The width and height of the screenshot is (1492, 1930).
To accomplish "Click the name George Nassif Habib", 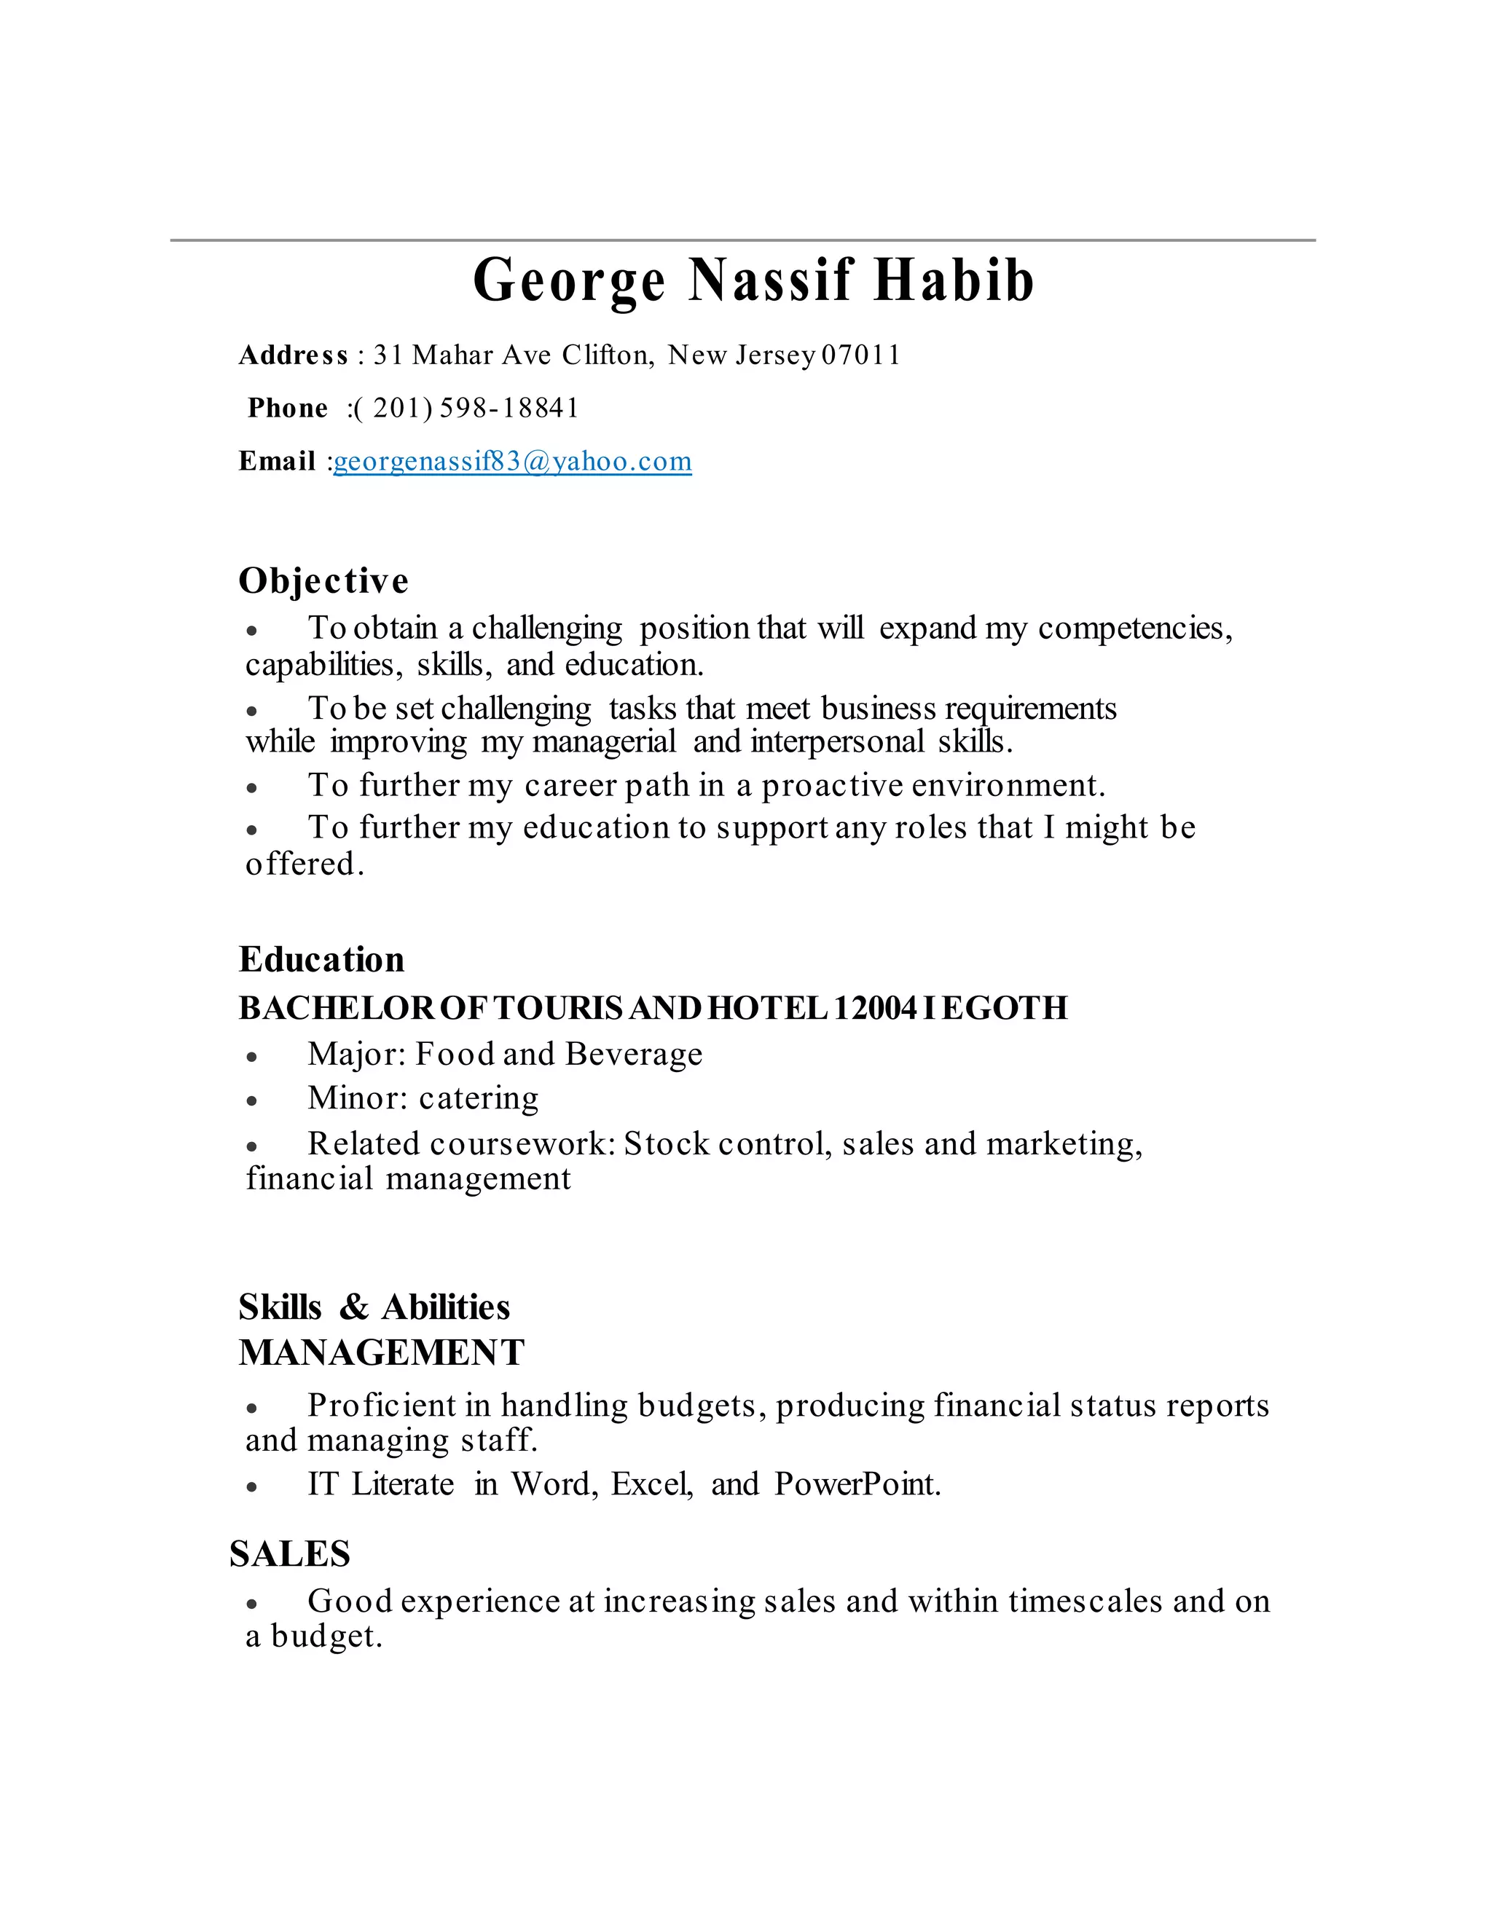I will pos(753,281).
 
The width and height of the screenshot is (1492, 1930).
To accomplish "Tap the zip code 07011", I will pos(861,355).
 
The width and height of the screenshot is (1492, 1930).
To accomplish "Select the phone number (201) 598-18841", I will pos(465,409).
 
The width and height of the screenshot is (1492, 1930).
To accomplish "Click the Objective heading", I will pos(323,580).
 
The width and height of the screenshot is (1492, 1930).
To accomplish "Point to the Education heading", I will pos(322,960).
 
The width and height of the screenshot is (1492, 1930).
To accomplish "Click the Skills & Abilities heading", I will pos(374,1307).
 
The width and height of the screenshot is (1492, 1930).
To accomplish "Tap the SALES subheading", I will pos(290,1554).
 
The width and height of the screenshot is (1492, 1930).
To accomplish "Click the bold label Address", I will pos(294,355).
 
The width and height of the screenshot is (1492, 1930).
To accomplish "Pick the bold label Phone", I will pos(287,409).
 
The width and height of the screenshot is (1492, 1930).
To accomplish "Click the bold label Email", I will pos(277,461).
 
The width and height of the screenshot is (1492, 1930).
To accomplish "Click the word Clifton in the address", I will pos(608,355).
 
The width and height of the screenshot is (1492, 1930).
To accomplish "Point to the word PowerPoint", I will pos(857,1484).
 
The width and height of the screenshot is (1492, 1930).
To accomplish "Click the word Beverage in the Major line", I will pos(634,1055).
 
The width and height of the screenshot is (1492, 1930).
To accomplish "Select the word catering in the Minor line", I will pos(478,1098).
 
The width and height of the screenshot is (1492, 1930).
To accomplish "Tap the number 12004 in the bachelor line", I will pos(875,1008).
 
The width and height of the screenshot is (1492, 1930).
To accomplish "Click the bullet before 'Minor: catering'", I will pos(252,1101).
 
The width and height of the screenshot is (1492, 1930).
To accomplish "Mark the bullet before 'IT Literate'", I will pos(252,1487).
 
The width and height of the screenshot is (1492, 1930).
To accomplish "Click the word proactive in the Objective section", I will pos(832,786).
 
